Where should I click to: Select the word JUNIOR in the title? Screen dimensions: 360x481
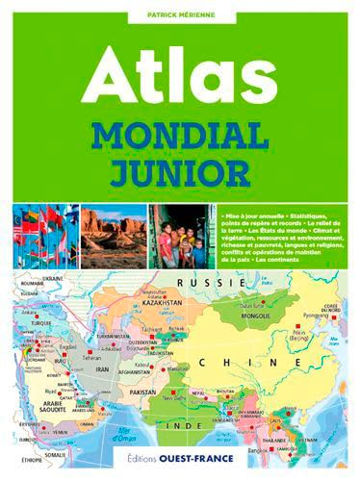click(x=179, y=175)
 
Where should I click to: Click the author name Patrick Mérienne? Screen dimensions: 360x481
click(x=179, y=13)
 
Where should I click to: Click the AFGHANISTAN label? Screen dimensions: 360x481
click(x=132, y=371)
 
